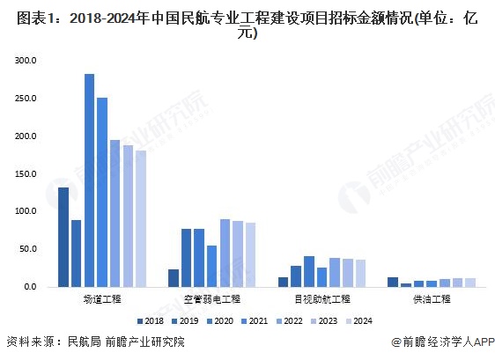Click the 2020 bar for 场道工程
coord(89,180)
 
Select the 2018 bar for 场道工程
coord(63,237)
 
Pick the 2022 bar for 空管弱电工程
coord(225,253)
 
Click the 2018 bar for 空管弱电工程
coord(174,277)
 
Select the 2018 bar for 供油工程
coord(393,282)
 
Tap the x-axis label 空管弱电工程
coord(211,299)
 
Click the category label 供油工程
coord(432,299)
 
